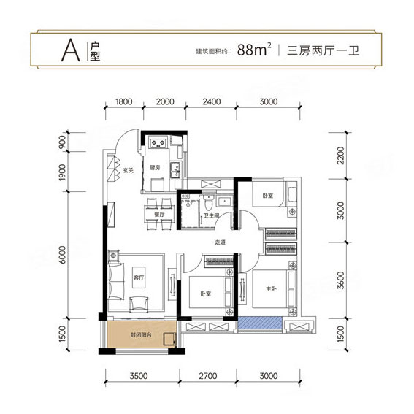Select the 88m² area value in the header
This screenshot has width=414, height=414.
(x=255, y=50)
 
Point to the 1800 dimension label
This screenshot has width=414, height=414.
(x=123, y=102)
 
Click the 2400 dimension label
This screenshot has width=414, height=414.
(x=210, y=102)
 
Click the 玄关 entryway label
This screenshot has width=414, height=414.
(x=128, y=172)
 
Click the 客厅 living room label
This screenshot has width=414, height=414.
(x=140, y=278)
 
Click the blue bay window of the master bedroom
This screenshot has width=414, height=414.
(x=261, y=323)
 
